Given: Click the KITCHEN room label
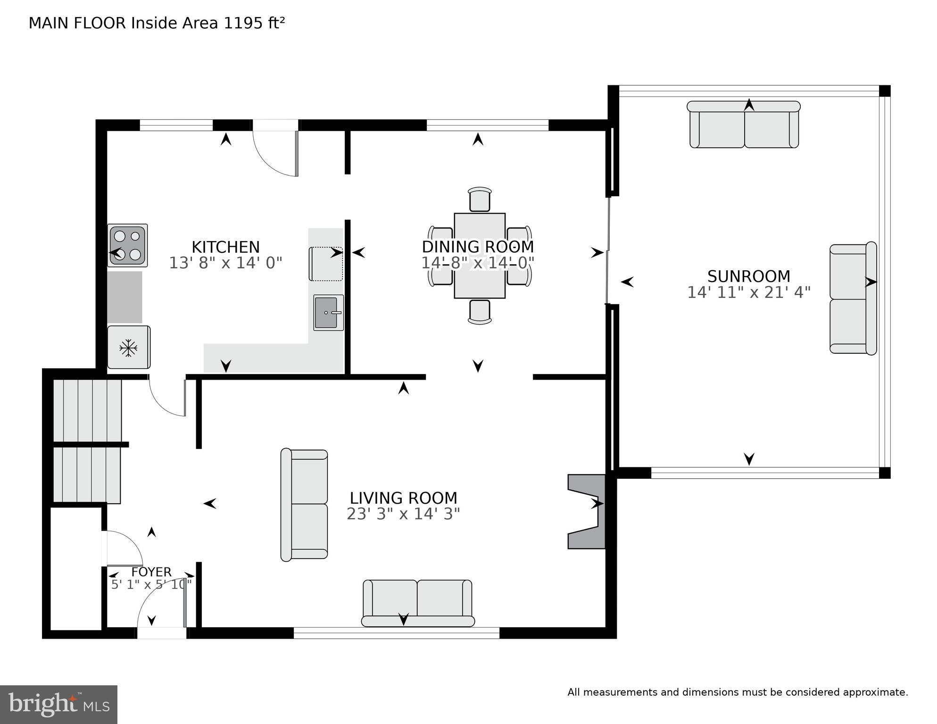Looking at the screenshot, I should point(225,247).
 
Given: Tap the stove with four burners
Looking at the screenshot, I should point(128,245).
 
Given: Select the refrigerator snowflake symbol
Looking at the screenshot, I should point(128,349).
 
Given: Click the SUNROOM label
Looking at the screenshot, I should point(748,276).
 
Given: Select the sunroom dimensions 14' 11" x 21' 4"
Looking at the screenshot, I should point(748,293).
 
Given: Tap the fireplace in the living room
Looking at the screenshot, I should point(587,512).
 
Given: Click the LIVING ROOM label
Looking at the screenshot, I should point(403,498).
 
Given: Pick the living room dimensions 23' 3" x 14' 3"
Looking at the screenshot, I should point(403,514).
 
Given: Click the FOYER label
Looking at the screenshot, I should point(151,572).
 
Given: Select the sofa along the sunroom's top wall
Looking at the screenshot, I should point(744,125).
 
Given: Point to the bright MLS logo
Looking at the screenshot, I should point(58,705).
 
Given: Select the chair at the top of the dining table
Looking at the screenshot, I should point(480,200).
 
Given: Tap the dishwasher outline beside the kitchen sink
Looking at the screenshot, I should point(325,264).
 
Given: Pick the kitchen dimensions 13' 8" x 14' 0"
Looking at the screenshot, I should point(225,263).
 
